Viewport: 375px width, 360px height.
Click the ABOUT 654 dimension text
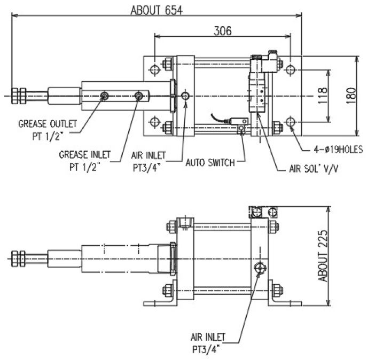point(157,11)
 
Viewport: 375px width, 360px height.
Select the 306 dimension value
point(222,31)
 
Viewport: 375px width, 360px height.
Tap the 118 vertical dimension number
point(323,96)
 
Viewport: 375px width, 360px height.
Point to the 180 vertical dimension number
point(351,96)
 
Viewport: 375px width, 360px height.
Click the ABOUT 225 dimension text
point(323,256)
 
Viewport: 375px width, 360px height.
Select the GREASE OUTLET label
point(48,124)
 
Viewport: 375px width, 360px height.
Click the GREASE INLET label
point(84,154)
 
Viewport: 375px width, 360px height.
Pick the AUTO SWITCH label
point(210,163)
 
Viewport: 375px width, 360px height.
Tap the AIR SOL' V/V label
point(314,169)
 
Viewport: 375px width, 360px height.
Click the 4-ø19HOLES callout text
point(339,150)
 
